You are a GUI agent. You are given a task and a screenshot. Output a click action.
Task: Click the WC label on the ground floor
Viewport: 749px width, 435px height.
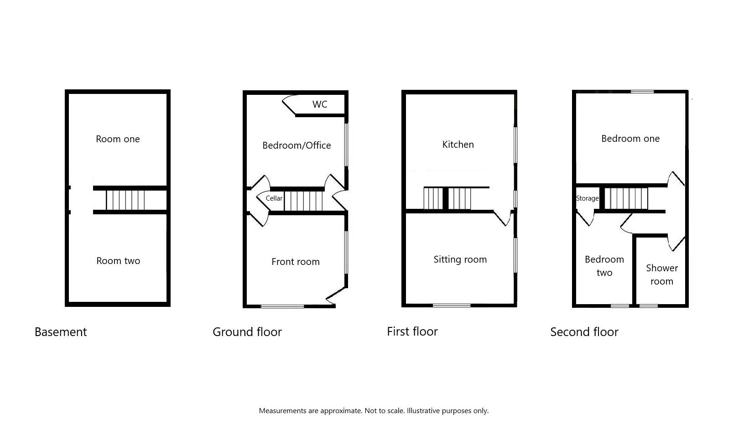point(320,104)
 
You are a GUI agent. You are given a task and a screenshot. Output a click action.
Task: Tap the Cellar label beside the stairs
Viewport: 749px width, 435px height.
point(274,198)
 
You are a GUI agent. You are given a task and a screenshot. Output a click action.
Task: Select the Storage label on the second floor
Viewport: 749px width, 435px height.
point(587,198)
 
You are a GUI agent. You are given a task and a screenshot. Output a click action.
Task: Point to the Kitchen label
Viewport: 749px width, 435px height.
point(458,145)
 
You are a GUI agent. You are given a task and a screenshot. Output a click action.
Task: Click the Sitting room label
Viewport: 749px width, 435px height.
point(460,259)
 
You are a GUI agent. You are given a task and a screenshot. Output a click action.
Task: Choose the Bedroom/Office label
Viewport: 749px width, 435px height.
point(296,145)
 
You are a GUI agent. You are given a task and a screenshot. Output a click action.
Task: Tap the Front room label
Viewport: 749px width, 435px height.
point(296,261)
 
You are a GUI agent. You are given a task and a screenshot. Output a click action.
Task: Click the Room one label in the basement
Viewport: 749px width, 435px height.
point(118,139)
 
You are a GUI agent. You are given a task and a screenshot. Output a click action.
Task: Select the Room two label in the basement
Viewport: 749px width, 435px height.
point(118,261)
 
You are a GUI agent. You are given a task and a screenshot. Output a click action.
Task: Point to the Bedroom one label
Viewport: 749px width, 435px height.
point(630,139)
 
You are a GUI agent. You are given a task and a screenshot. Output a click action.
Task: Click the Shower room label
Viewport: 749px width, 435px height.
point(662,274)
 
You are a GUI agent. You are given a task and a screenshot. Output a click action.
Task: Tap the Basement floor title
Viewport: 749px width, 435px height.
point(61,332)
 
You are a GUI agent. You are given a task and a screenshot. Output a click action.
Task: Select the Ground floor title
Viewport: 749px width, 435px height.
point(247,332)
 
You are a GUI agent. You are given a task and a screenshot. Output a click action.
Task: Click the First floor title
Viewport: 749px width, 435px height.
point(412,331)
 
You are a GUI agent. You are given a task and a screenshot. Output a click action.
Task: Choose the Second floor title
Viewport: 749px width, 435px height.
point(584,332)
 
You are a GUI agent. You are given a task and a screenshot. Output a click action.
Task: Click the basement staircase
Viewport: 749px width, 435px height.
point(125,200)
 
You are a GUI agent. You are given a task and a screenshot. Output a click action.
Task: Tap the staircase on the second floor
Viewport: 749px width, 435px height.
point(626,198)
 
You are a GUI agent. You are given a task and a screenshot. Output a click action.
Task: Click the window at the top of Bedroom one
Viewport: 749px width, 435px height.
point(642,92)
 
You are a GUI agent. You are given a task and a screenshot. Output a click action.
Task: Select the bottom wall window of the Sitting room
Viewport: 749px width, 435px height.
point(452,305)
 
